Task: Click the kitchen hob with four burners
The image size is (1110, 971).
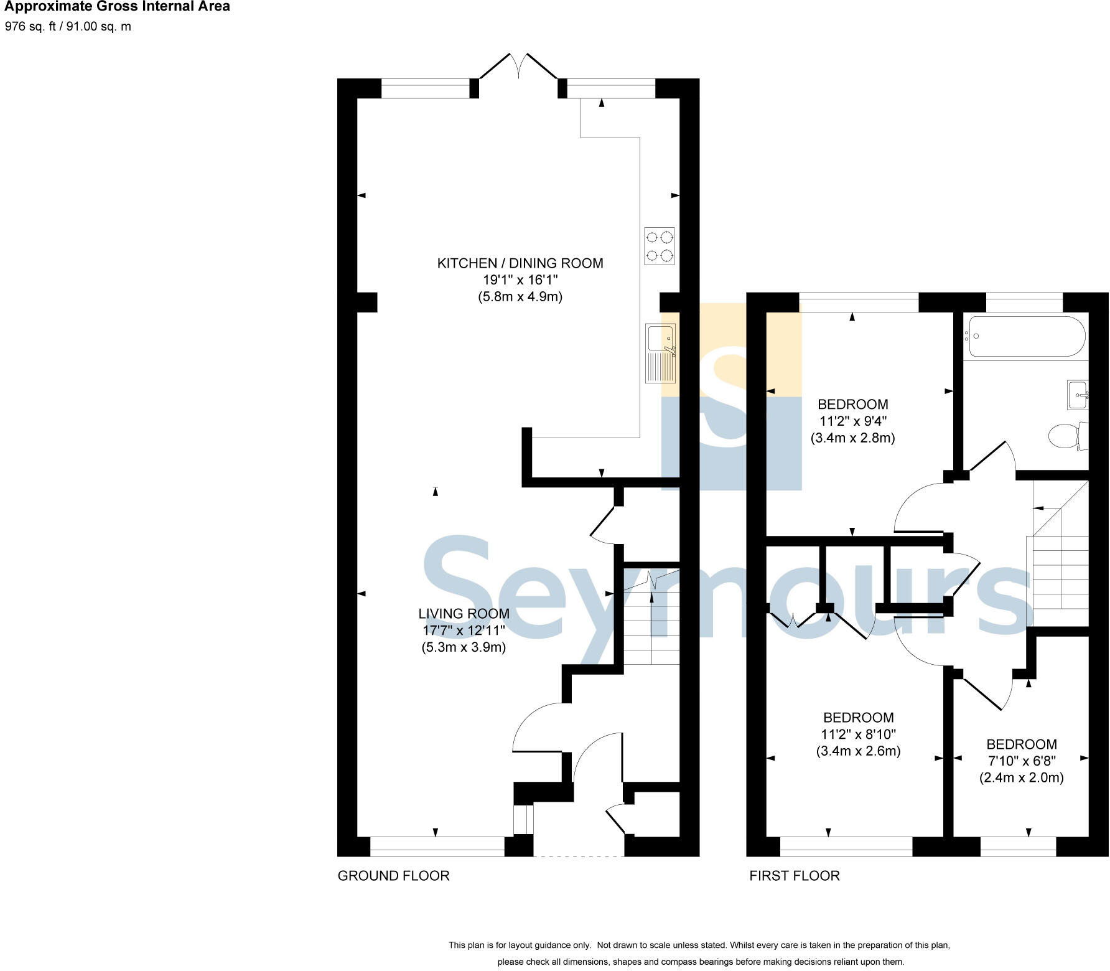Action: click(x=660, y=246)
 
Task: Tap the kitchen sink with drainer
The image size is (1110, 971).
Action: click(x=660, y=353)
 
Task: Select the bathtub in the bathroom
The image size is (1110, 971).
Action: click(x=1027, y=336)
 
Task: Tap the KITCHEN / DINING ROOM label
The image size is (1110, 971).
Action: click(x=520, y=263)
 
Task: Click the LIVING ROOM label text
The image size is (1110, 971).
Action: click(x=464, y=614)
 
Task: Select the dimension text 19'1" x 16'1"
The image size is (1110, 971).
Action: click(x=520, y=280)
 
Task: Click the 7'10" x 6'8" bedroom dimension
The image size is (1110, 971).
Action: click(x=1022, y=761)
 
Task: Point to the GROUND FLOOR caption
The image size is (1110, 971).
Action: click(x=393, y=876)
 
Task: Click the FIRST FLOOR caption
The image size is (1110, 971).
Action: click(x=795, y=876)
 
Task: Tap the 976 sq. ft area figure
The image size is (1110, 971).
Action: click(x=31, y=27)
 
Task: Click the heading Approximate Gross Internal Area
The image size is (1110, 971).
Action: click(x=118, y=7)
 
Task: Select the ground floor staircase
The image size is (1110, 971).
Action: click(x=651, y=622)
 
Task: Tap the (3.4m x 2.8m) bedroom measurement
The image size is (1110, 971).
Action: click(x=852, y=438)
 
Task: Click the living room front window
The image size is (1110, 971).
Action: click(x=437, y=847)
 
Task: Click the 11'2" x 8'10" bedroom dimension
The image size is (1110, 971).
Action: click(x=858, y=734)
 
